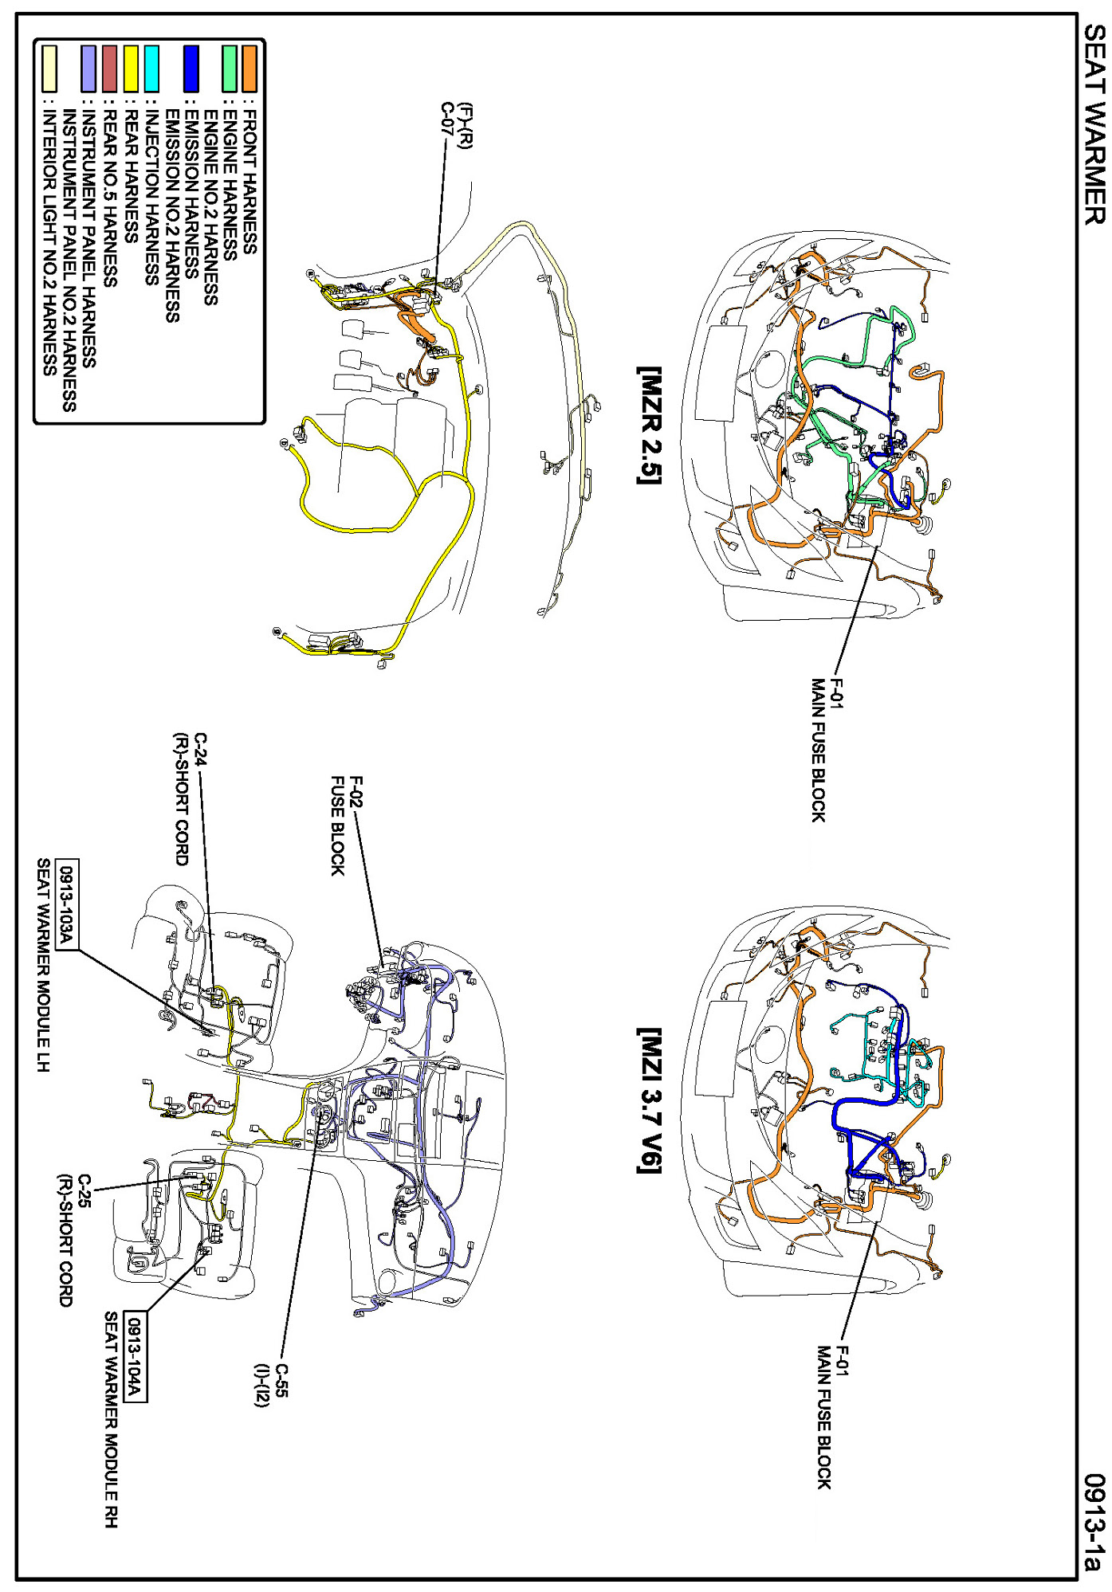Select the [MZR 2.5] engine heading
pos(649,425)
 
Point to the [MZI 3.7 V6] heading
pos(649,1100)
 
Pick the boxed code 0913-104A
pos(134,1355)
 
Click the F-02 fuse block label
pos(356,792)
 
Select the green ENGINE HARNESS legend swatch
pos(230,69)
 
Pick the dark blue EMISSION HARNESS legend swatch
pos(191,69)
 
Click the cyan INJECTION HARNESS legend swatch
pos(151,69)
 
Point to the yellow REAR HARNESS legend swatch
pos(131,69)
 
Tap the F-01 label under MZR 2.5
pos(835,692)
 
